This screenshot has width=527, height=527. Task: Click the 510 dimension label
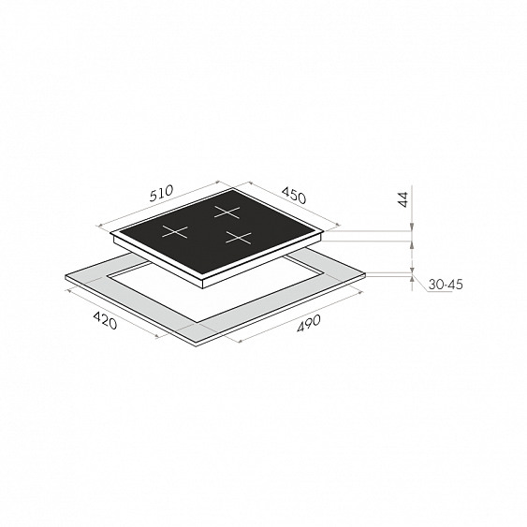tap(162, 193)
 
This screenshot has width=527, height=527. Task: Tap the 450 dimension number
tap(294, 196)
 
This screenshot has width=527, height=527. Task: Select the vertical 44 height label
tap(403, 199)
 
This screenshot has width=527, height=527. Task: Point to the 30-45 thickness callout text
tap(446, 285)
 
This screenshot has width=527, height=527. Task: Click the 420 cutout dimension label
tap(105, 320)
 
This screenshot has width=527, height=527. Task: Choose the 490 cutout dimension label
tap(309, 323)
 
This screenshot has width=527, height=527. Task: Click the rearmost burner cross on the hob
tap(227, 212)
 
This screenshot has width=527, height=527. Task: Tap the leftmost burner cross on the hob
tap(175, 232)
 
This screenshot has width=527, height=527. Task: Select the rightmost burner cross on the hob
tap(239, 238)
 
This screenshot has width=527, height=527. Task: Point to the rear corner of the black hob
tap(232, 189)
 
